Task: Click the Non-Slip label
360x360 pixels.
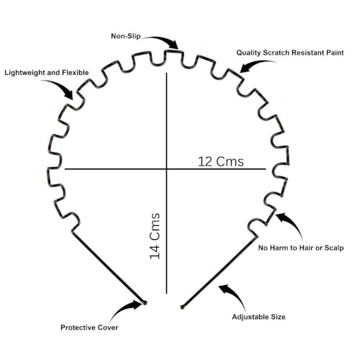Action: (x=126, y=36)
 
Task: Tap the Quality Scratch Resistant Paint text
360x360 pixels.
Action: (x=290, y=53)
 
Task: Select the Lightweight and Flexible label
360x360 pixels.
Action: (x=47, y=73)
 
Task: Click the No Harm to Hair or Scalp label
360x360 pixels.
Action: (x=301, y=248)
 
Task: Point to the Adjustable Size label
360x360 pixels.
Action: (x=258, y=317)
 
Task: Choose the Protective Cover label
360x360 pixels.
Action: (x=89, y=328)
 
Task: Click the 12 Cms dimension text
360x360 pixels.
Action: (x=221, y=161)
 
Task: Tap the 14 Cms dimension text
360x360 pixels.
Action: (x=155, y=236)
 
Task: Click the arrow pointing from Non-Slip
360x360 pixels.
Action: (x=164, y=40)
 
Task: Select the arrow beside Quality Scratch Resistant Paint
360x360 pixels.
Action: (x=254, y=64)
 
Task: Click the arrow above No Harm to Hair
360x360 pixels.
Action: (x=293, y=223)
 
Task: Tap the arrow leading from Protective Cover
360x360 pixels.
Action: (x=122, y=310)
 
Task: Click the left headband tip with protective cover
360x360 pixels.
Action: (x=145, y=303)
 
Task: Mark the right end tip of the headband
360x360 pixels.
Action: (x=182, y=307)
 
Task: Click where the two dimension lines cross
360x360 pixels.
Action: (x=166, y=169)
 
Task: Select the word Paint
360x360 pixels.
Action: (x=335, y=53)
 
